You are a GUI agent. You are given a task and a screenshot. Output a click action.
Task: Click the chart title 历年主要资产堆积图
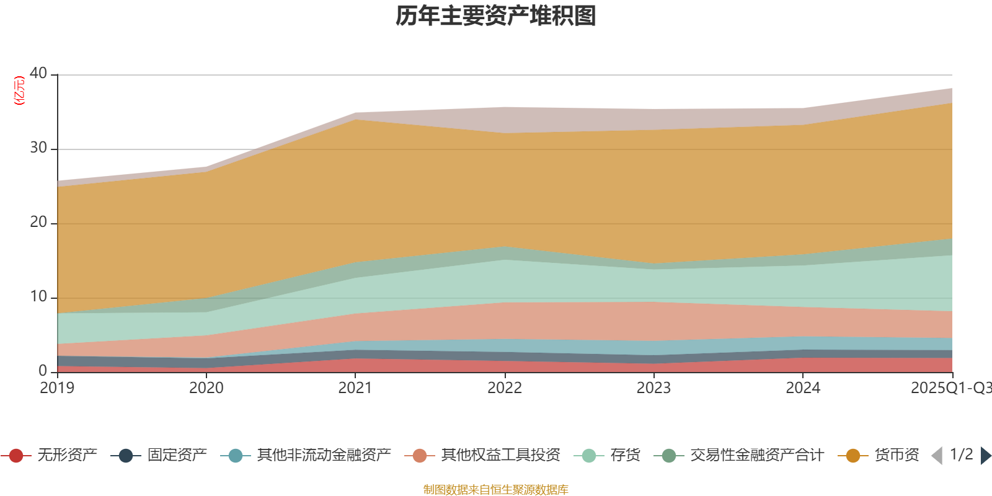496,16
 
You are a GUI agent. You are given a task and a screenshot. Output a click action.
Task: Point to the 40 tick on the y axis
38,73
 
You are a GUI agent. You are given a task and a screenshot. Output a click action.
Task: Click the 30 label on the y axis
38,148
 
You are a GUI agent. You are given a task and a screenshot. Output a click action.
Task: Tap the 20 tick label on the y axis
38,222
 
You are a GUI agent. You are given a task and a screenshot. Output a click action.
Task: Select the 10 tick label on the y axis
38,296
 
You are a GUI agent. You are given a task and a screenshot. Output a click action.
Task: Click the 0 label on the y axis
43,371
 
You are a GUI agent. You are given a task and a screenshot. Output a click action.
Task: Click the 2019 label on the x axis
57,388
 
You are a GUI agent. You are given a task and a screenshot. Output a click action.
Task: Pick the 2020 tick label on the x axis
206,388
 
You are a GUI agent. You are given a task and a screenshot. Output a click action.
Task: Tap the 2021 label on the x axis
355,388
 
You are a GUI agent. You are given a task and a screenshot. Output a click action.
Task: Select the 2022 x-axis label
505,388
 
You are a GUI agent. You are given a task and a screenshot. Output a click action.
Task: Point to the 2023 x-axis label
653,388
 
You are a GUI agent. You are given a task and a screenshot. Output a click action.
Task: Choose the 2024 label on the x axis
803,388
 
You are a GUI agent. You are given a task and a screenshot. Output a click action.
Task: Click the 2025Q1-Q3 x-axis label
950,388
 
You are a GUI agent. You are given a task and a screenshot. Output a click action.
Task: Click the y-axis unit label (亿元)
19,91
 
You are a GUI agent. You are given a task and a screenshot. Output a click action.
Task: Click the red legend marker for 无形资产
16,456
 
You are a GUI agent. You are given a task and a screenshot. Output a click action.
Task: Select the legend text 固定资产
177,456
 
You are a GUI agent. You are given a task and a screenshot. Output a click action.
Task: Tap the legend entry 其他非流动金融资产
324,456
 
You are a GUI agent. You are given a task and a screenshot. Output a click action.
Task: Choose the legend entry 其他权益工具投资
500,456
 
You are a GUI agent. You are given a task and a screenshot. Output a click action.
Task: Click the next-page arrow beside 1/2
985,456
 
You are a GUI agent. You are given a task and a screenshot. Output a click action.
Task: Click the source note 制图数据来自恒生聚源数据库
496,490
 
